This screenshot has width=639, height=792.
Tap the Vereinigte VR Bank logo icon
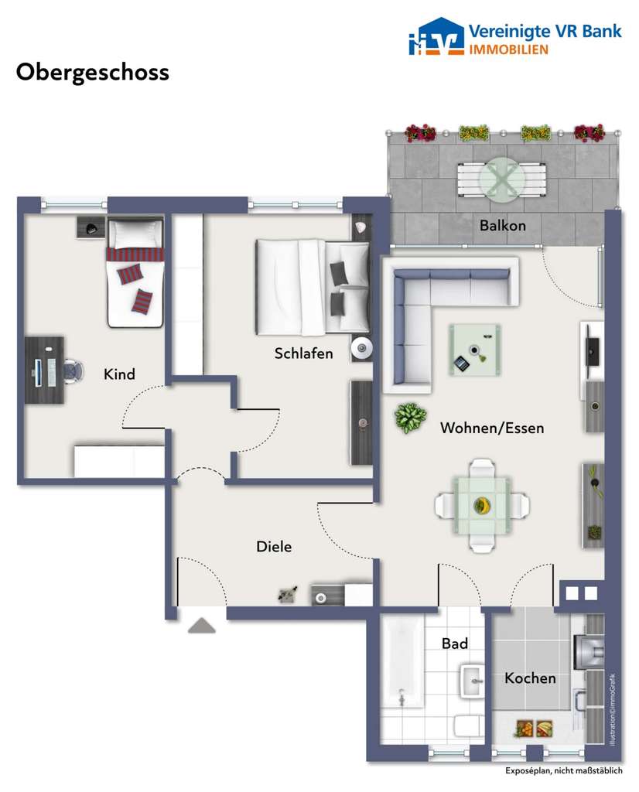tap(435, 38)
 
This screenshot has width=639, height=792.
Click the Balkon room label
tap(502, 226)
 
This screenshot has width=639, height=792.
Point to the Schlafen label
tap(303, 353)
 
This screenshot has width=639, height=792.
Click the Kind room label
tap(119, 374)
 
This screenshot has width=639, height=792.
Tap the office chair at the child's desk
tap(71, 370)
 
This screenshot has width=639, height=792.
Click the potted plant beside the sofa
tap(410, 418)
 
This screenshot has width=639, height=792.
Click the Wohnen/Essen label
tap(491, 428)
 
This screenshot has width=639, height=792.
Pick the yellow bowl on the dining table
tap(482, 506)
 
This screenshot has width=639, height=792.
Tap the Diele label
tap(274, 547)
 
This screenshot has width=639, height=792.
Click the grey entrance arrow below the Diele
tap(201, 626)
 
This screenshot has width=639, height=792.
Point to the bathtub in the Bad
tap(404, 661)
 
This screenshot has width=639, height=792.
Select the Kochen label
tap(530, 678)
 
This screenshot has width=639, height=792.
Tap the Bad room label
tap(454, 643)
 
